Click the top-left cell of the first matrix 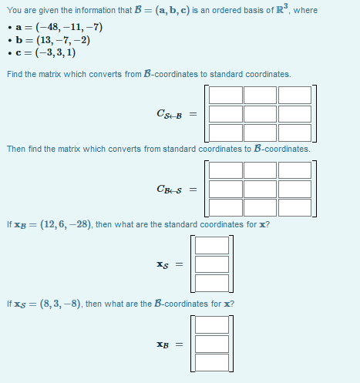225,95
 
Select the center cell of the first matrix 260,114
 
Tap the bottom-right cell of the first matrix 294,133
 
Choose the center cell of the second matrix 260,189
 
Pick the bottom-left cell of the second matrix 225,207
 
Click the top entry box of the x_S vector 212,245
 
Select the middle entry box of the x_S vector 212,264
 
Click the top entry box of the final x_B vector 212,325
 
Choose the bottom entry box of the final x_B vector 212,362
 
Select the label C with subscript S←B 170,115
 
